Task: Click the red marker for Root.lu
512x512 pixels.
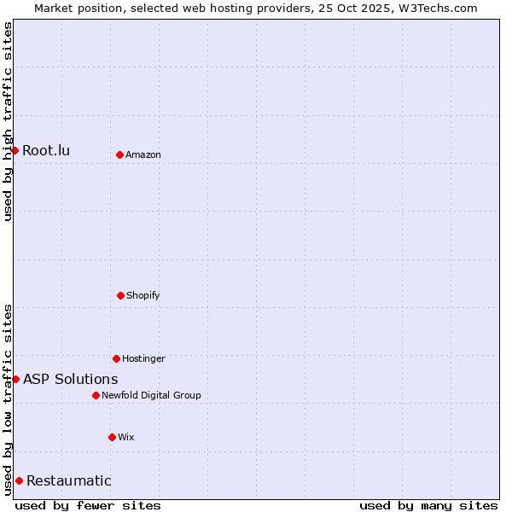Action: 15,151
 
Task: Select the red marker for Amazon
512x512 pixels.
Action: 119,154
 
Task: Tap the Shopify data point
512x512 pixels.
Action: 120,295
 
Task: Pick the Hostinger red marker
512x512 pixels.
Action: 116,358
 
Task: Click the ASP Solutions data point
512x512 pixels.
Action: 15,379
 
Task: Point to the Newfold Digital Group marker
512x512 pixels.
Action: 96,395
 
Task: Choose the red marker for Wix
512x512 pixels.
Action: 112,437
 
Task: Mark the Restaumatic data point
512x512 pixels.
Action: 19,480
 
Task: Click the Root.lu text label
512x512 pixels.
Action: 46,151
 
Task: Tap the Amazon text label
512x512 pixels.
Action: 143,154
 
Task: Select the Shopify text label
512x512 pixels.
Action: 143,295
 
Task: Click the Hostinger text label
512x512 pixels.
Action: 143,358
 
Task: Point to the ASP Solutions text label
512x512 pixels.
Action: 71,379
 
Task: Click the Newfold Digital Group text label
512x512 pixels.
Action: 151,395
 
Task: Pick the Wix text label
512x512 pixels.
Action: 126,437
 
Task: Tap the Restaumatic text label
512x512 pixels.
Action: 69,480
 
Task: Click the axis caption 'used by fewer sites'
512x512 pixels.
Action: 88,505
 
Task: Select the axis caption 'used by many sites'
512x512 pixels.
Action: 428,505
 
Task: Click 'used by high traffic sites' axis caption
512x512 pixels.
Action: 8,121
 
